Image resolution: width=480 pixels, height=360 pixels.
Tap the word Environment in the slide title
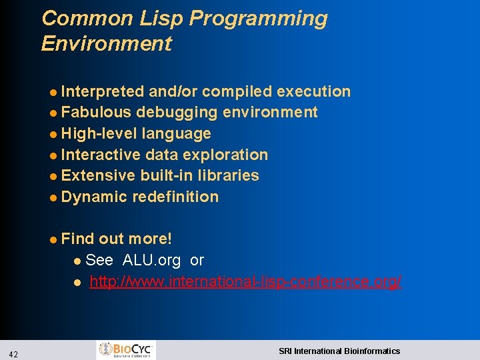(106, 44)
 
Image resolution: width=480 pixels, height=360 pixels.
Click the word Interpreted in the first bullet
(103, 91)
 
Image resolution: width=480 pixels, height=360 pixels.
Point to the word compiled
(237, 91)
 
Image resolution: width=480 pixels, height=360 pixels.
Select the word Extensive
(98, 175)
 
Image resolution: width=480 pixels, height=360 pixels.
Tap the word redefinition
(175, 197)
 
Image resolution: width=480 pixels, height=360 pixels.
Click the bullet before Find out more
(53, 239)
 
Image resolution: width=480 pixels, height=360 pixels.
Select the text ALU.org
(151, 260)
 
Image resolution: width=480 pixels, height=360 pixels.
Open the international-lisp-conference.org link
(245, 281)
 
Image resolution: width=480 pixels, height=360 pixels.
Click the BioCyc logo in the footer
(127, 350)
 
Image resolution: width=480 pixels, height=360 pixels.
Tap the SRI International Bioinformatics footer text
(339, 351)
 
